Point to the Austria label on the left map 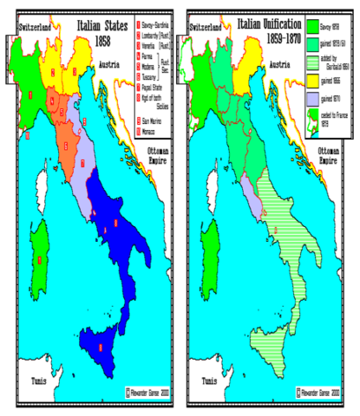(110, 65)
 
